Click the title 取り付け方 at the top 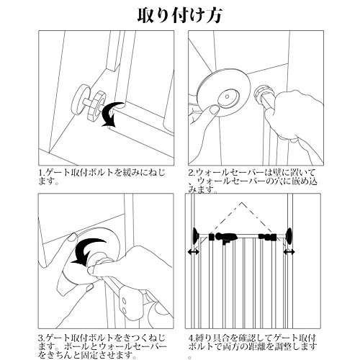click(179, 16)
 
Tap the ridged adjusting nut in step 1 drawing click(99, 107)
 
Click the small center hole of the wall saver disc click(227, 96)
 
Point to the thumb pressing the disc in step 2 click(213, 110)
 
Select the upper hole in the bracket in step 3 click(124, 300)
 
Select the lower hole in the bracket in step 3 click(124, 311)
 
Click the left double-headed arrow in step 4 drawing click(193, 252)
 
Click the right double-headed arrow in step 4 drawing click(289, 252)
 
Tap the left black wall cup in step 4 click(196, 235)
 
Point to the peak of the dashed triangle click(242, 202)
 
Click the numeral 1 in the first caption click(41, 173)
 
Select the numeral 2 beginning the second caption click(191, 173)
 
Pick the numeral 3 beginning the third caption click(41, 338)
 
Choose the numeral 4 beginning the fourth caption click(191, 338)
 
